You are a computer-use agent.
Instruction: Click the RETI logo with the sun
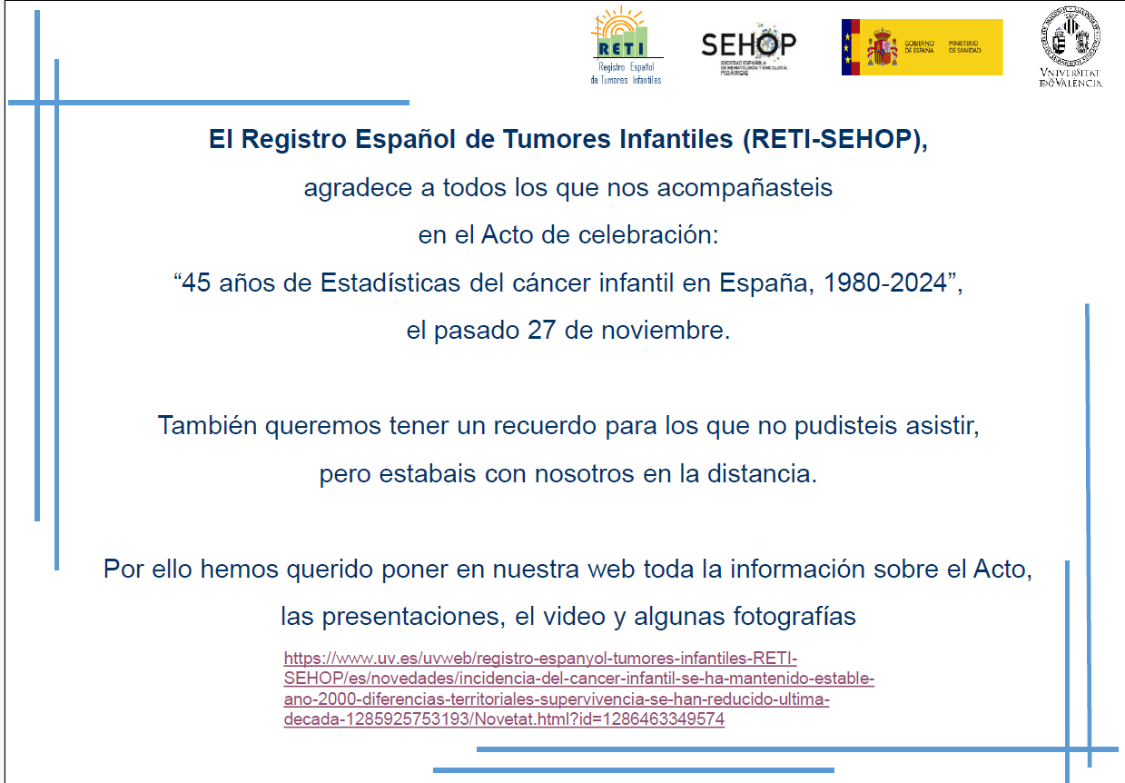coord(627,45)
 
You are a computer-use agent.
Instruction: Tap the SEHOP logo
coord(748,49)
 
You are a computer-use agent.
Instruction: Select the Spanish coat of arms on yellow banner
coord(882,46)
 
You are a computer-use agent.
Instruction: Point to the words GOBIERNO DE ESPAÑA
coord(919,46)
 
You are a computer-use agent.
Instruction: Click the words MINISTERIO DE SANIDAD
coord(964,46)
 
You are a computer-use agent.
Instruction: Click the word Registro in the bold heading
coord(294,140)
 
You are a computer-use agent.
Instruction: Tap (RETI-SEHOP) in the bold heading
coord(834,139)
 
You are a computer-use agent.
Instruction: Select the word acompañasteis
coord(745,188)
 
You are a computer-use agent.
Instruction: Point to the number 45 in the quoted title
coord(196,282)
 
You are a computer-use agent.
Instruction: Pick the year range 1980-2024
coord(885,282)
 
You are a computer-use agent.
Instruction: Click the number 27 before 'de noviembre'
coord(541,331)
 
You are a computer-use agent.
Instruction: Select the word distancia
coord(762,473)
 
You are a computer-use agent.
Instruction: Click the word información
coord(797,569)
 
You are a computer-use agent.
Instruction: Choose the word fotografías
coord(794,617)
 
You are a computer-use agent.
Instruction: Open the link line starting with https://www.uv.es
coord(540,659)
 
